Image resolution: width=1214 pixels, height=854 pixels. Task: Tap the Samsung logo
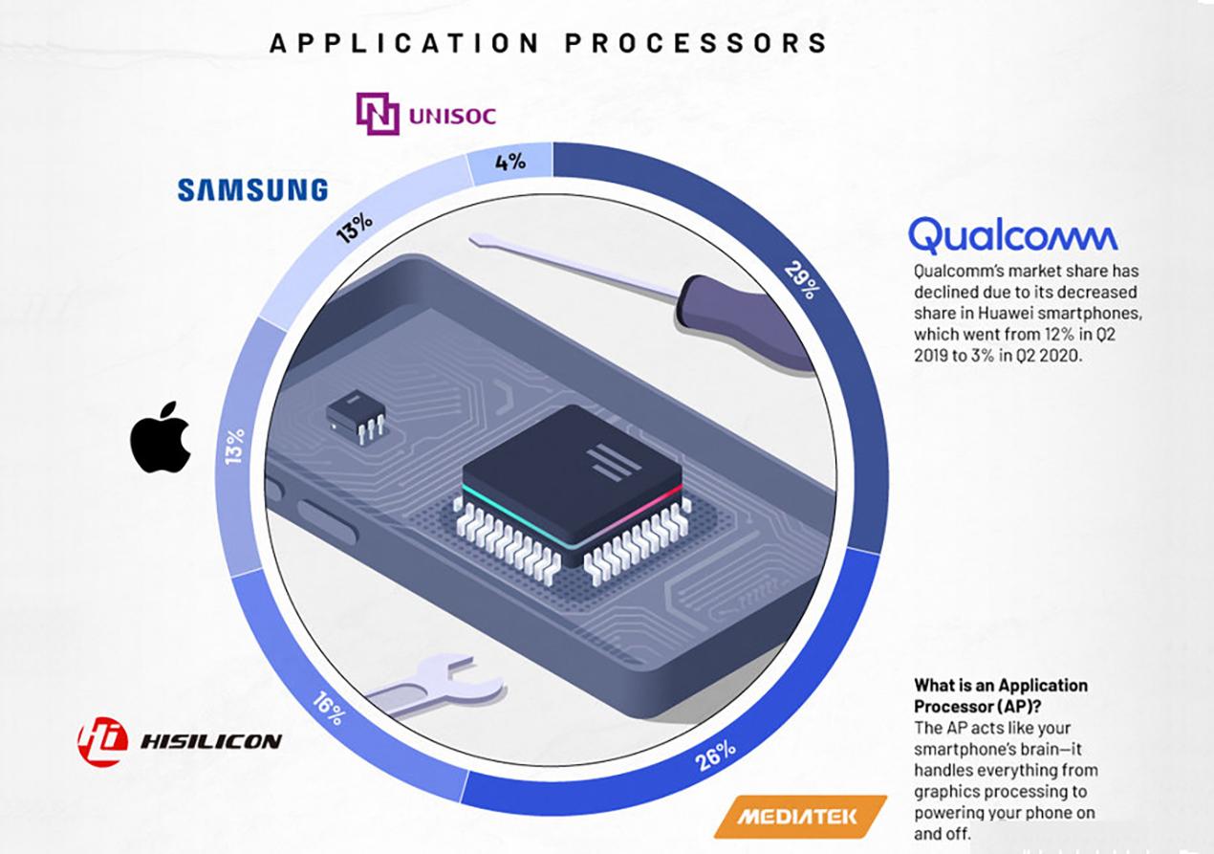point(252,189)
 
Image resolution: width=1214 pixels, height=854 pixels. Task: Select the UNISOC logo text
point(452,116)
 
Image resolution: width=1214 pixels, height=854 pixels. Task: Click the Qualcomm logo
point(1012,235)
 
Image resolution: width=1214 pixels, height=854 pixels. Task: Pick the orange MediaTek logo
point(800,817)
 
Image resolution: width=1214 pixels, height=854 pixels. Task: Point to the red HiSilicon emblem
point(102,741)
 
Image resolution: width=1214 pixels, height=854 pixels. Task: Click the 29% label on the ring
point(803,280)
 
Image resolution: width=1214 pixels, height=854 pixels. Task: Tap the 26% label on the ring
point(716,755)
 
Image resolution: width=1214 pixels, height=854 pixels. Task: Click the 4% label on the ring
point(510,162)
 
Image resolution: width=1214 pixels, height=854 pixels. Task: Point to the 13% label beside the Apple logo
point(234,447)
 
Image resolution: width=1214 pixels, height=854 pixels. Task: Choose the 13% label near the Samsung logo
point(355,228)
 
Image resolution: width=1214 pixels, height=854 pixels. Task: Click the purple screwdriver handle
point(747,323)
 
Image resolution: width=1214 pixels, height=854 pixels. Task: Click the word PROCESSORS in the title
point(696,43)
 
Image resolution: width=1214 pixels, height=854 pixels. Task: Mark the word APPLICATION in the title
point(403,43)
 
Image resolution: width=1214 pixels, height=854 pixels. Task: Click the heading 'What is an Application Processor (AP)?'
point(1001,695)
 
